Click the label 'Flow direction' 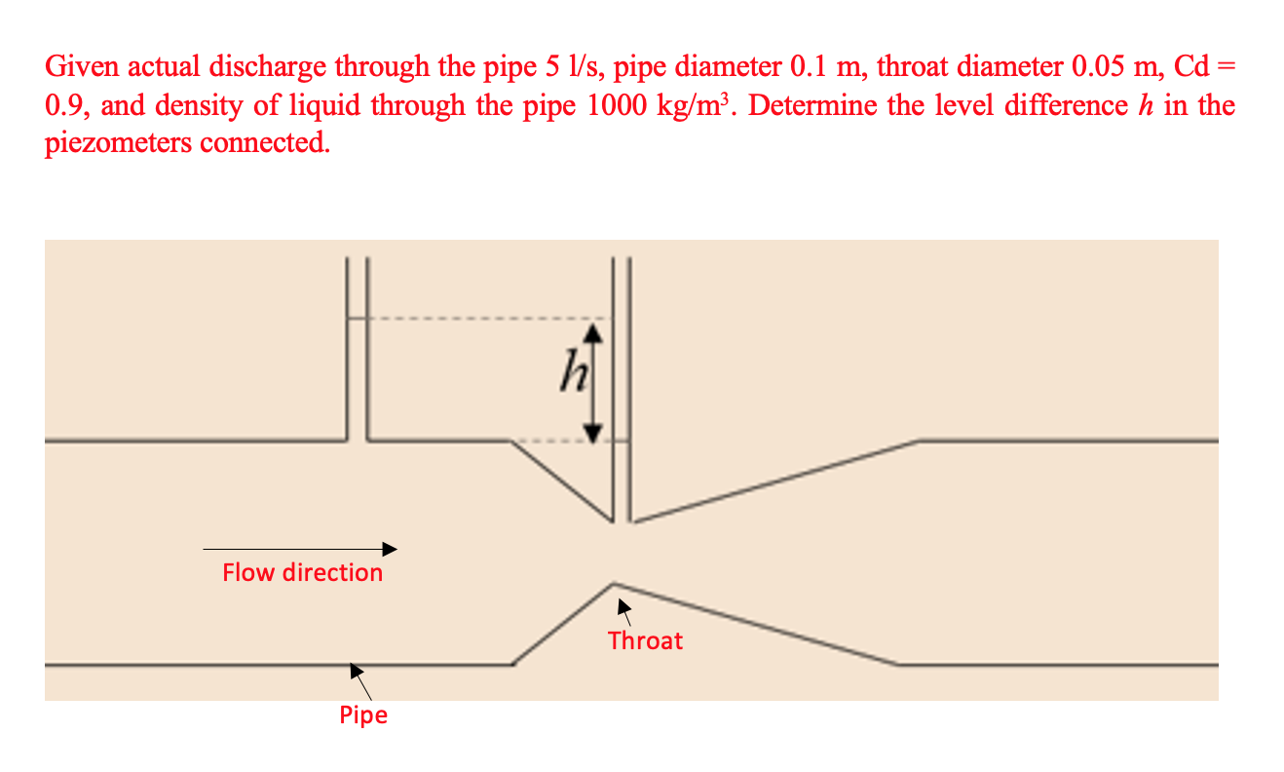coord(302,572)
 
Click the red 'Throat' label coord(645,640)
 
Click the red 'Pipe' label coord(363,715)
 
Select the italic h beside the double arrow coord(567,374)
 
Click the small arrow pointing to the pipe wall coord(359,676)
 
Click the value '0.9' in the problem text coord(64,105)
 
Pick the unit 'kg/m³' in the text coord(701,105)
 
